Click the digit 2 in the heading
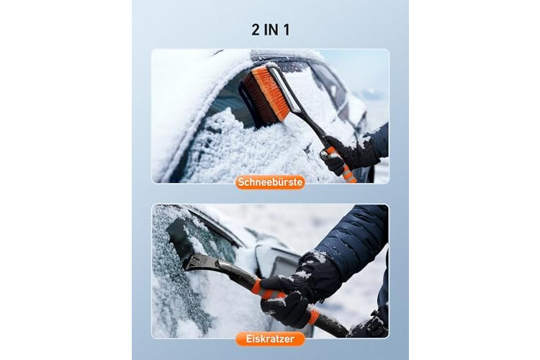(256, 30)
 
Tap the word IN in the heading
(271, 30)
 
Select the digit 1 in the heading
(286, 30)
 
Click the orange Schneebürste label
(270, 182)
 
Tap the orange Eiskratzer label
(270, 338)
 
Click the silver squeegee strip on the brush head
(282, 88)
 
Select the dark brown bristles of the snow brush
(256, 100)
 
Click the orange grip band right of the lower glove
(313, 316)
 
